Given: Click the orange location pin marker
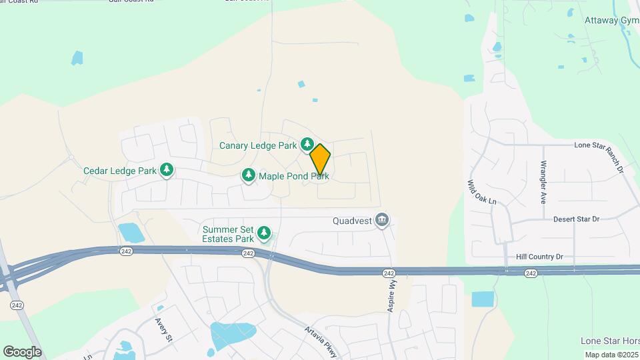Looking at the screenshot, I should pyautogui.click(x=320, y=159).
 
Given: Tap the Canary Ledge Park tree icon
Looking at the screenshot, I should pyautogui.click(x=307, y=144).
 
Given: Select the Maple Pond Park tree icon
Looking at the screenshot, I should pyautogui.click(x=249, y=175).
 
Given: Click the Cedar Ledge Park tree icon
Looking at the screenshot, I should pyautogui.click(x=167, y=171).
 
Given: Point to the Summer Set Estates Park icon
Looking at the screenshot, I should pyautogui.click(x=265, y=233).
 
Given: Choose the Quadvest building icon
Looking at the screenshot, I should pyautogui.click(x=382, y=219).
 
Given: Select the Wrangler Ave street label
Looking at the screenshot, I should pyautogui.click(x=544, y=181).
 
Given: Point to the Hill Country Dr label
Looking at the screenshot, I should pyautogui.click(x=539, y=256).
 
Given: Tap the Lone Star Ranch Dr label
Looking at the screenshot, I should pyautogui.click(x=599, y=157).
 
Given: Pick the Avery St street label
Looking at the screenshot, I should pyautogui.click(x=164, y=329).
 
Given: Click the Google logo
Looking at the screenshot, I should pyautogui.click(x=22, y=351).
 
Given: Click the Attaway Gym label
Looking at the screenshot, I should pyautogui.click(x=611, y=21).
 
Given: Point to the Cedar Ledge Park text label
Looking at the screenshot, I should pyautogui.click(x=120, y=171).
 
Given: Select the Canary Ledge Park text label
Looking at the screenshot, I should pyautogui.click(x=258, y=145).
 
